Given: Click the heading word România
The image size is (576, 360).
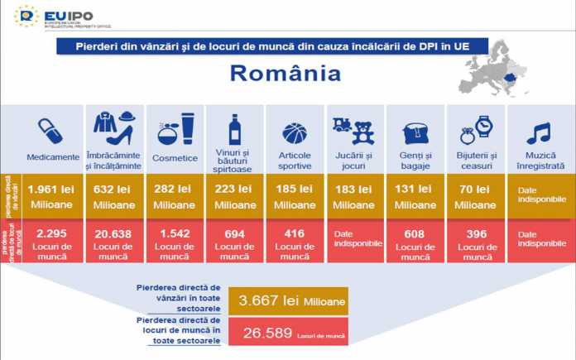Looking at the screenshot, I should [x=286, y=73].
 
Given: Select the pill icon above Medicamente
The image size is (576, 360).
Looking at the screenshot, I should [x=50, y=130].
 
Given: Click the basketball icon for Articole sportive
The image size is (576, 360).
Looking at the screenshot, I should [x=294, y=132].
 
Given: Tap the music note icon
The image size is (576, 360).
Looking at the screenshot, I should [x=539, y=132].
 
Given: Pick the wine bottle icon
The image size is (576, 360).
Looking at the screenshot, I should [x=234, y=129].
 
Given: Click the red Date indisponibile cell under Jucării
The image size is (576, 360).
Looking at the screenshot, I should [x=355, y=239].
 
